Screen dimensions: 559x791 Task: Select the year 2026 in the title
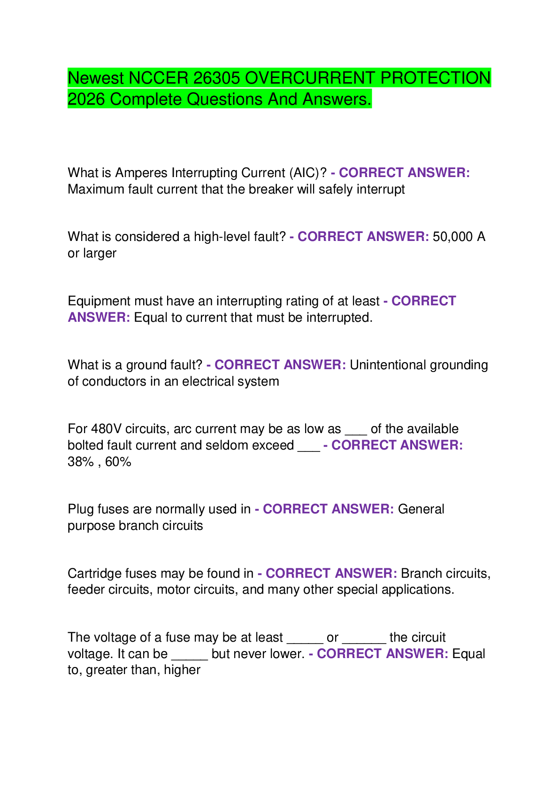click(86, 99)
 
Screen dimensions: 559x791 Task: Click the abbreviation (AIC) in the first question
click(304, 173)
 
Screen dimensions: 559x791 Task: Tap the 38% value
click(80, 462)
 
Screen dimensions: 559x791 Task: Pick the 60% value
click(118, 462)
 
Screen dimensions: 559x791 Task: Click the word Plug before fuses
click(80, 509)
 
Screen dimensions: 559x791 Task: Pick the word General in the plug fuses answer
click(421, 509)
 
